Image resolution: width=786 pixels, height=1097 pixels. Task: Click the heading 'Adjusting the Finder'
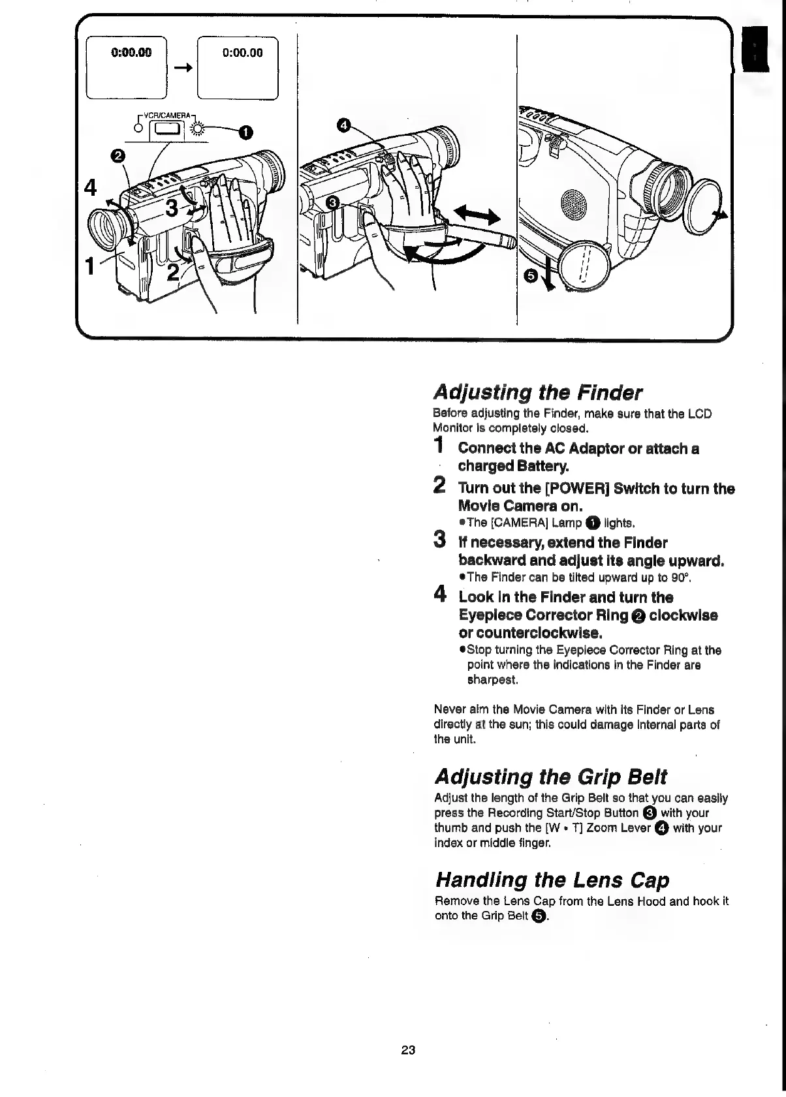538,392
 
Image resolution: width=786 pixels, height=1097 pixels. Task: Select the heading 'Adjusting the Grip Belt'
551,777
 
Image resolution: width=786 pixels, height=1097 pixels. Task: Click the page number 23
409,1050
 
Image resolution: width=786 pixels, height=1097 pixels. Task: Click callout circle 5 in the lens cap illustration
531,277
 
